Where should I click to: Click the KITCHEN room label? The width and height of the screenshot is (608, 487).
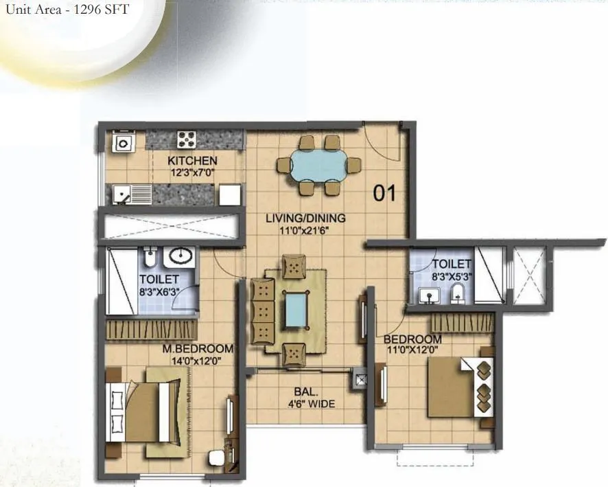coord(192,160)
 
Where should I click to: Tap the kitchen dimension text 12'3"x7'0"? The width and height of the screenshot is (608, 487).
coord(192,172)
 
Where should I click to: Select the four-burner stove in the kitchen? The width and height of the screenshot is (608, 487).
coord(187,139)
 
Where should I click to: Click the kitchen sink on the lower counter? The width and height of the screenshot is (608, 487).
coord(132,194)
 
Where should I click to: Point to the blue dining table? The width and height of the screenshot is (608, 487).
coord(318,166)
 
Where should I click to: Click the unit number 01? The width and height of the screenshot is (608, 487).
coord(384,193)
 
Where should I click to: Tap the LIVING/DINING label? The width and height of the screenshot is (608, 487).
coord(305,218)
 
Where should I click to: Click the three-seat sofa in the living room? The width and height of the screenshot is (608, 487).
coord(262,311)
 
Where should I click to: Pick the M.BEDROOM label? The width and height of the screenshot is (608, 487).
coord(198,348)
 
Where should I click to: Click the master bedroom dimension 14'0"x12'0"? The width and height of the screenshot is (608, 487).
coord(196,361)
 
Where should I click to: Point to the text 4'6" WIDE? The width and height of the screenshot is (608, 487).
coord(311,404)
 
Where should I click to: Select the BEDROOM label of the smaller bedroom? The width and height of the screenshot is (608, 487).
coord(412,339)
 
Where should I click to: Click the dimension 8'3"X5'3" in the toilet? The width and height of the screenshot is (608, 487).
coord(452,277)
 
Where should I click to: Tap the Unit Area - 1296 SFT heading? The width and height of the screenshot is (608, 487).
coord(67,9)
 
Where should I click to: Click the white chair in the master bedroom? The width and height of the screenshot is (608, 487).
coord(215,458)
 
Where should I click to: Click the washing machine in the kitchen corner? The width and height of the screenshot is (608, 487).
coord(124,141)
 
